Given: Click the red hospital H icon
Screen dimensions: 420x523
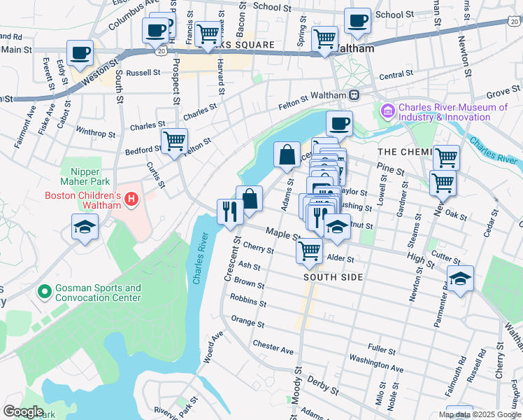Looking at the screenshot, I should click(x=131, y=201).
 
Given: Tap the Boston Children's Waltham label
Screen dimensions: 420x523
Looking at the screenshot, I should click(x=83, y=195).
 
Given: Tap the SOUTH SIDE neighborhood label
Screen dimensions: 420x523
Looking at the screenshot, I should click(x=333, y=277).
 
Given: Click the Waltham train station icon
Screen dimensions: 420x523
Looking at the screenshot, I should click(x=355, y=95).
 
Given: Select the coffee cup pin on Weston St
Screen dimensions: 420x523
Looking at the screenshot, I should click(x=80, y=53).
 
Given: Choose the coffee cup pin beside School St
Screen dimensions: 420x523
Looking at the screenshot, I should click(x=358, y=20).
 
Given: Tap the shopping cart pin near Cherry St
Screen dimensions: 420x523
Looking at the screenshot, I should click(x=309, y=250).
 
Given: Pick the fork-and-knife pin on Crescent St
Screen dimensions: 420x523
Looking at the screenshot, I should click(x=229, y=211).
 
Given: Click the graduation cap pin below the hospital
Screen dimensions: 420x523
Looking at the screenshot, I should click(x=85, y=227).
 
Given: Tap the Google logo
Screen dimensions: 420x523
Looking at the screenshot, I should click(x=23, y=412).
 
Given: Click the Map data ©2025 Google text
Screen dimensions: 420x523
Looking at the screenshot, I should click(x=479, y=414).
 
